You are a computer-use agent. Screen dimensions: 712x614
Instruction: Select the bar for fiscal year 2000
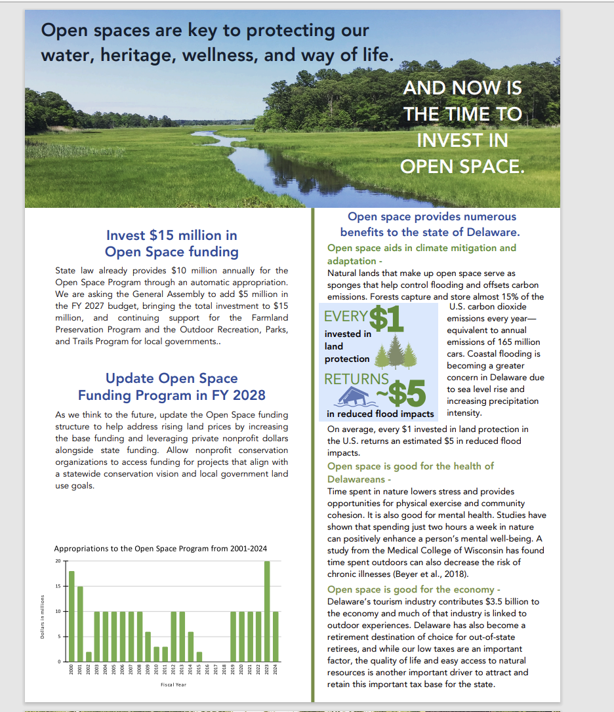[x=72, y=616]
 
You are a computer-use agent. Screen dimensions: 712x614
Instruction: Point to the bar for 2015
[x=199, y=656]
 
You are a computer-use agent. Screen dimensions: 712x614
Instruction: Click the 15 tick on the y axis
[x=58, y=586]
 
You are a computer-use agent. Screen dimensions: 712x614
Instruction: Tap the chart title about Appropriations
[x=161, y=549]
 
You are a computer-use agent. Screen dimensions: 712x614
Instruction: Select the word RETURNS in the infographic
[x=356, y=378]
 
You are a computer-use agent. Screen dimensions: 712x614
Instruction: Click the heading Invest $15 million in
[x=172, y=235]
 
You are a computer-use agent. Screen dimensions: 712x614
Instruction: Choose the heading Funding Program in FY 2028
[x=172, y=395]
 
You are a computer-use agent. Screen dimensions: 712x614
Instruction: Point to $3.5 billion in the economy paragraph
[x=502, y=601]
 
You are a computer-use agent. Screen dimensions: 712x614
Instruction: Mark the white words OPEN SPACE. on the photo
[x=462, y=167]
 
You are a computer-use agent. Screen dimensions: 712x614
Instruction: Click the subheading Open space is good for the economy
[x=414, y=589]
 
